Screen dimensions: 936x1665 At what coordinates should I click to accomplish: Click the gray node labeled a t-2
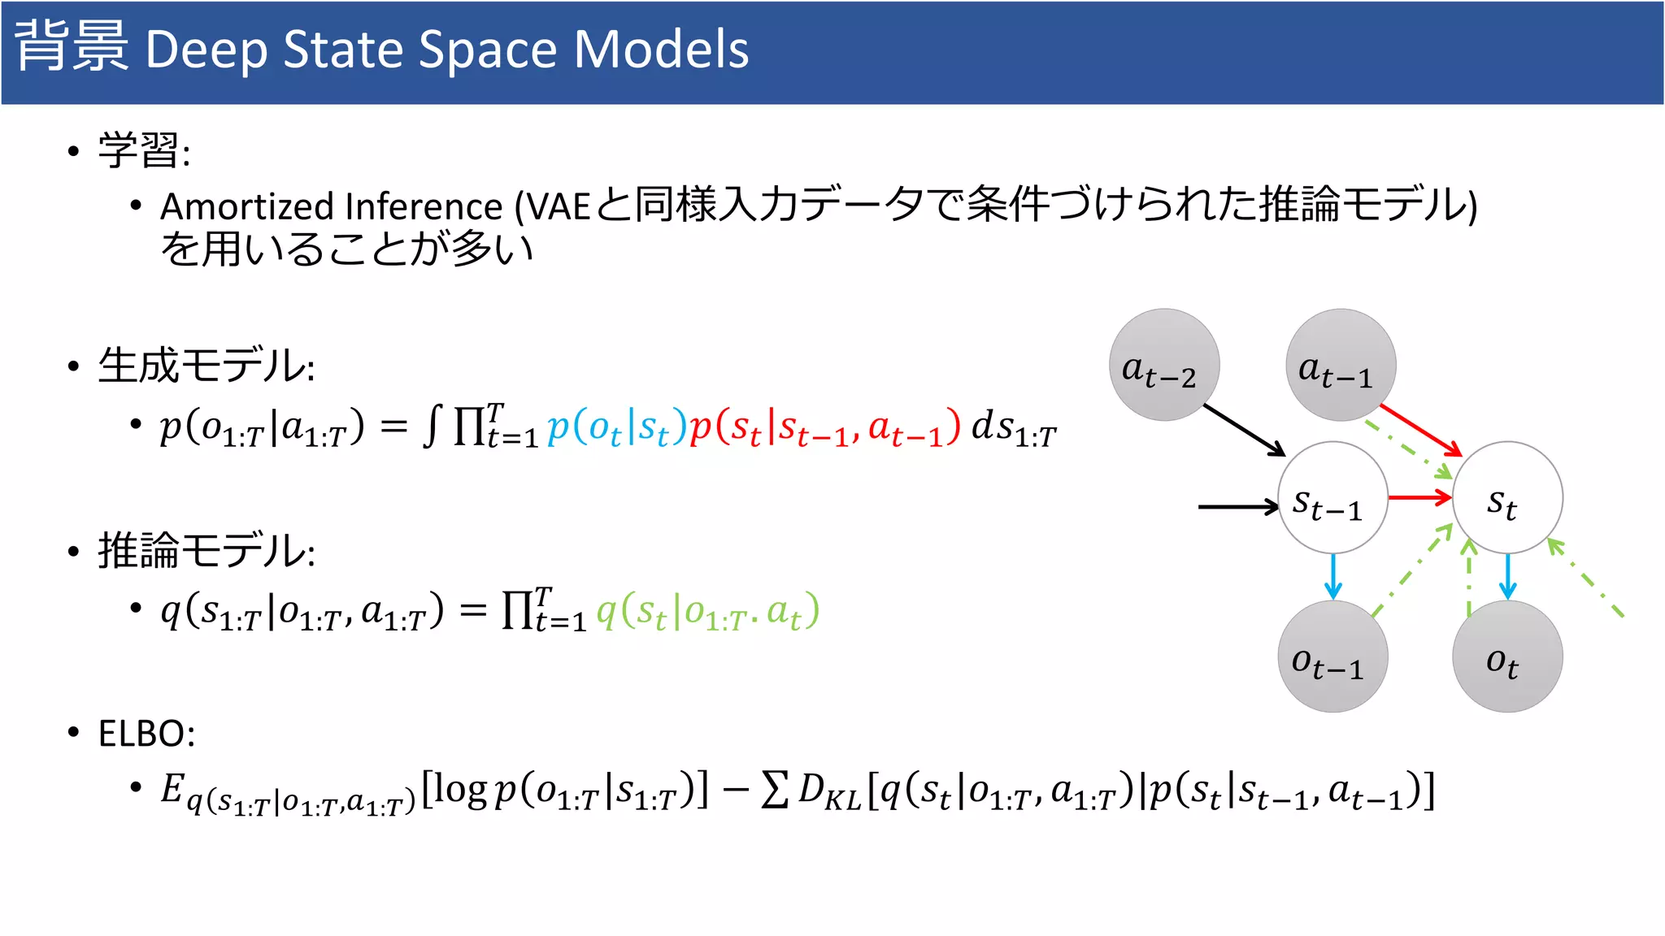point(1164,365)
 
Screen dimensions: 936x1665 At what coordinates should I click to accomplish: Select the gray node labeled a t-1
point(1341,365)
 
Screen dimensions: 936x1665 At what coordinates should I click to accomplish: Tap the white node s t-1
point(1332,498)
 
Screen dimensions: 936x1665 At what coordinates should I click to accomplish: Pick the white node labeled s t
point(1507,498)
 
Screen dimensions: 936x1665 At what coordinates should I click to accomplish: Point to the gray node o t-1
point(1332,656)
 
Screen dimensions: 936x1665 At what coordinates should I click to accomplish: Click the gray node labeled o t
point(1507,656)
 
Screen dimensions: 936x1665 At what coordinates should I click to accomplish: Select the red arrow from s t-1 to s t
point(1419,497)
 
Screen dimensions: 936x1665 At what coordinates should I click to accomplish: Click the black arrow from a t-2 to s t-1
point(1244,431)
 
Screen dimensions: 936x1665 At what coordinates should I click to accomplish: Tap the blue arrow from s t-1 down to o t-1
point(1332,577)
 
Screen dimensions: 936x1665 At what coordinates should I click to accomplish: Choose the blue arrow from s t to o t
point(1508,577)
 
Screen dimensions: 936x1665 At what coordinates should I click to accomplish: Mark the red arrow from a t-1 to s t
point(1420,430)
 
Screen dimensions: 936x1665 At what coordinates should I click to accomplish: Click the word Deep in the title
point(206,50)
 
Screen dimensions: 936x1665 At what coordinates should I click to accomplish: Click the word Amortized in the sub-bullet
point(250,206)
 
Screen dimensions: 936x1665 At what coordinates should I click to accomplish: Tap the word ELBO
point(146,734)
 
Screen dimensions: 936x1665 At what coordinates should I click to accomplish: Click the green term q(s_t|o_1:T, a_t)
point(707,611)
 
